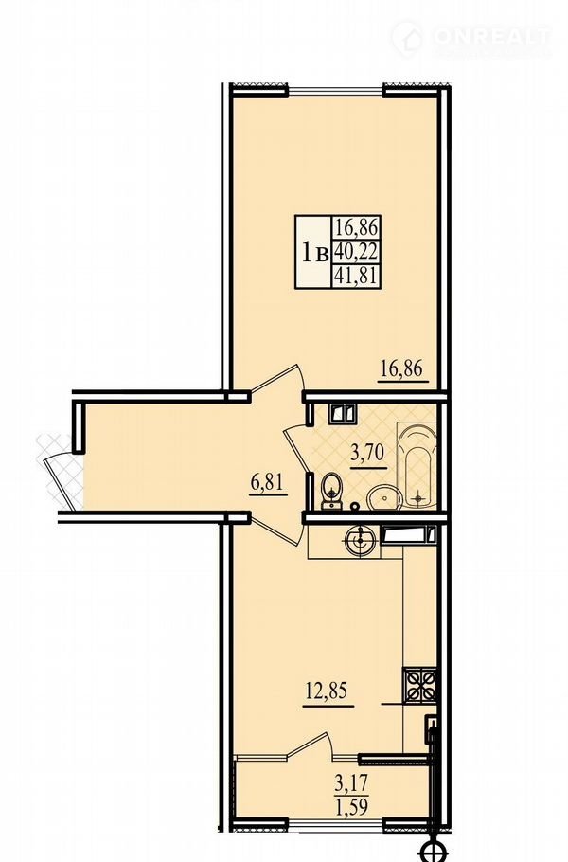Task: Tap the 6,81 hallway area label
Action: pos(268,483)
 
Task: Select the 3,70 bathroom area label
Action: pos(368,455)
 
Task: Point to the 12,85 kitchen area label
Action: pos(328,691)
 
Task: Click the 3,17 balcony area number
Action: pos(351,781)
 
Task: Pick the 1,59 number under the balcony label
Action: pos(351,806)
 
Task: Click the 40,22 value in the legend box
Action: pos(356,252)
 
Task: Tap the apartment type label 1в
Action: pos(314,253)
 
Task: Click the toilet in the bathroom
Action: pos(331,490)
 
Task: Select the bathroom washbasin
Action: pos(384,497)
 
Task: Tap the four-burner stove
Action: pos(420,685)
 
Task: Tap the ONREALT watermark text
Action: pos(492,37)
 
